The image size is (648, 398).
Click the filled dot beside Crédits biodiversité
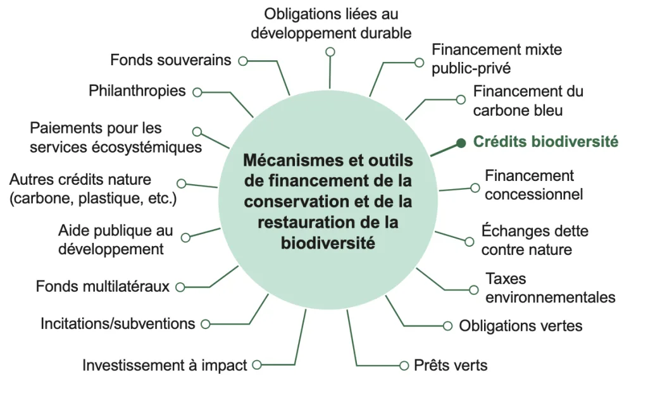[x=461, y=144]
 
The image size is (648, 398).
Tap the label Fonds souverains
[x=170, y=60]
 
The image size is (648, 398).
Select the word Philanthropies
[x=137, y=91]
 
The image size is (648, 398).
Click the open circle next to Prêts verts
[x=404, y=366]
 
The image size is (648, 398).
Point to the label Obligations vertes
[x=521, y=326]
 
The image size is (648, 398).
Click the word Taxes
[x=506, y=279]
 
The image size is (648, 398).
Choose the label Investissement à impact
[x=165, y=365]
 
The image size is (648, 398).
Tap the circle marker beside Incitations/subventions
[x=206, y=325]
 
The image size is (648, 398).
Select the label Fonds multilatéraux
[x=103, y=287]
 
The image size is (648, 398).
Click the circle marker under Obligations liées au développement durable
[x=330, y=52]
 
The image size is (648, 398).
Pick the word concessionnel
[x=533, y=194]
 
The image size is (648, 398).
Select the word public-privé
[x=471, y=68]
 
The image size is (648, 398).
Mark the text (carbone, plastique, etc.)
[x=93, y=199]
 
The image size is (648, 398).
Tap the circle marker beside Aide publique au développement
[x=185, y=238]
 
